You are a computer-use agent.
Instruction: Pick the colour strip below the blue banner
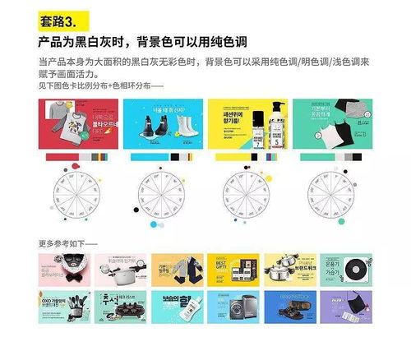[x=163, y=156]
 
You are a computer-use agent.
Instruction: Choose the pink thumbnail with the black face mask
[x=63, y=269]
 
